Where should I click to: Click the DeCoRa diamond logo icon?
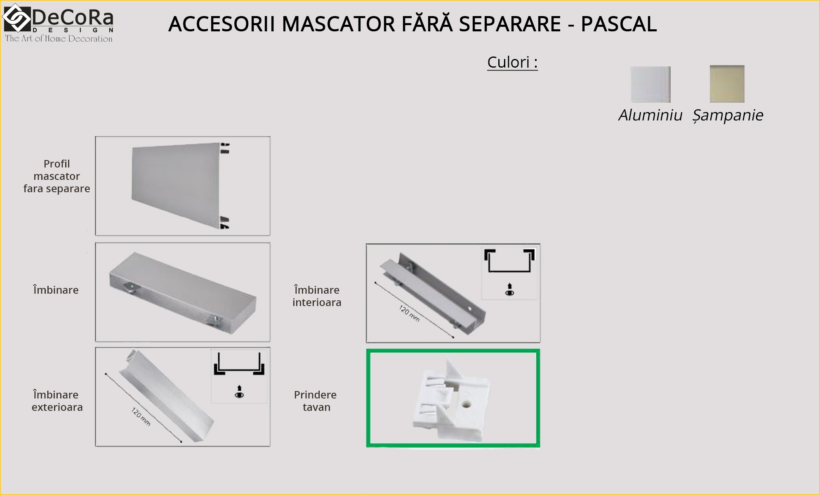(x=17, y=18)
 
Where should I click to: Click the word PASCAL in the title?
(x=619, y=24)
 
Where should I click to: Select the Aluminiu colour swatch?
(x=650, y=85)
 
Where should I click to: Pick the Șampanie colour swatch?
(x=727, y=84)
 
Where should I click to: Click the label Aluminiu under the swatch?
(x=650, y=115)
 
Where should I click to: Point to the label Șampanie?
(x=728, y=115)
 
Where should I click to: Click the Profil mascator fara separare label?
(x=57, y=176)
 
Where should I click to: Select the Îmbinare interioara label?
(x=317, y=296)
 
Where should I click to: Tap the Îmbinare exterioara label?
(x=57, y=401)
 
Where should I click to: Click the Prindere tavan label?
(x=316, y=401)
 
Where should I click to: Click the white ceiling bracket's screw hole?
(x=466, y=403)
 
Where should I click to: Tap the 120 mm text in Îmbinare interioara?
(x=409, y=313)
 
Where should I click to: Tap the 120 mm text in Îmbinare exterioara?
(x=141, y=417)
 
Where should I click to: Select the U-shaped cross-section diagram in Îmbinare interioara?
(x=509, y=261)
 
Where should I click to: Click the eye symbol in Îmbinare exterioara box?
(x=239, y=395)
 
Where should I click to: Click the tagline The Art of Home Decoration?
(x=59, y=39)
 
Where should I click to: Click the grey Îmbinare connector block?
(x=183, y=292)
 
